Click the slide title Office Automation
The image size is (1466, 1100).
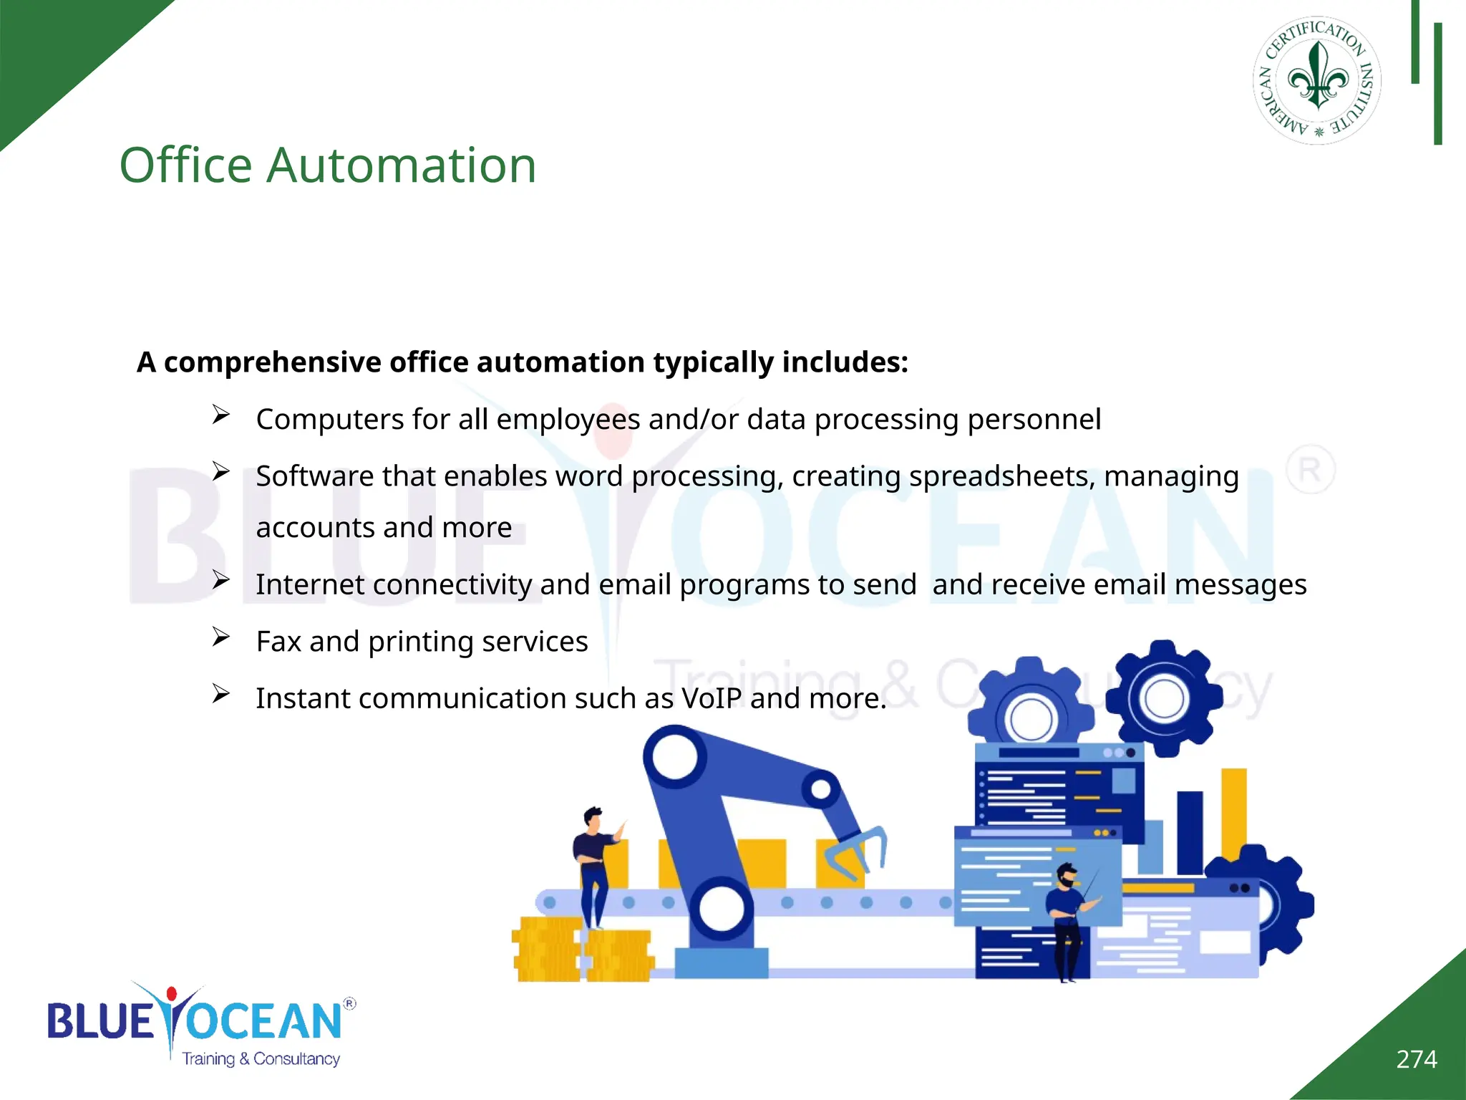[x=327, y=165]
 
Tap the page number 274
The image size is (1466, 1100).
[x=1416, y=1059]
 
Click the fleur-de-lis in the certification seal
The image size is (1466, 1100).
[x=1318, y=77]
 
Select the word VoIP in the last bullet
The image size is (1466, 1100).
[x=711, y=698]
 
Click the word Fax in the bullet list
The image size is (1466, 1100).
[x=278, y=642]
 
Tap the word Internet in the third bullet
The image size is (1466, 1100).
[x=311, y=584]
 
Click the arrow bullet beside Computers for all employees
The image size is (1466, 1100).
[x=220, y=415]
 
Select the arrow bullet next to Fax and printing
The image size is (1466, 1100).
[x=220, y=637]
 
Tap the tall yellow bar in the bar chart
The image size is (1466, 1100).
[x=1233, y=813]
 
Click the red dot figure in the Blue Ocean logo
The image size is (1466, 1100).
[x=171, y=994]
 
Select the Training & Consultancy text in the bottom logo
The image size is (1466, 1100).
[x=261, y=1058]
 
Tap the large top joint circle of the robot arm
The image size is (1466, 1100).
[x=674, y=757]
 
